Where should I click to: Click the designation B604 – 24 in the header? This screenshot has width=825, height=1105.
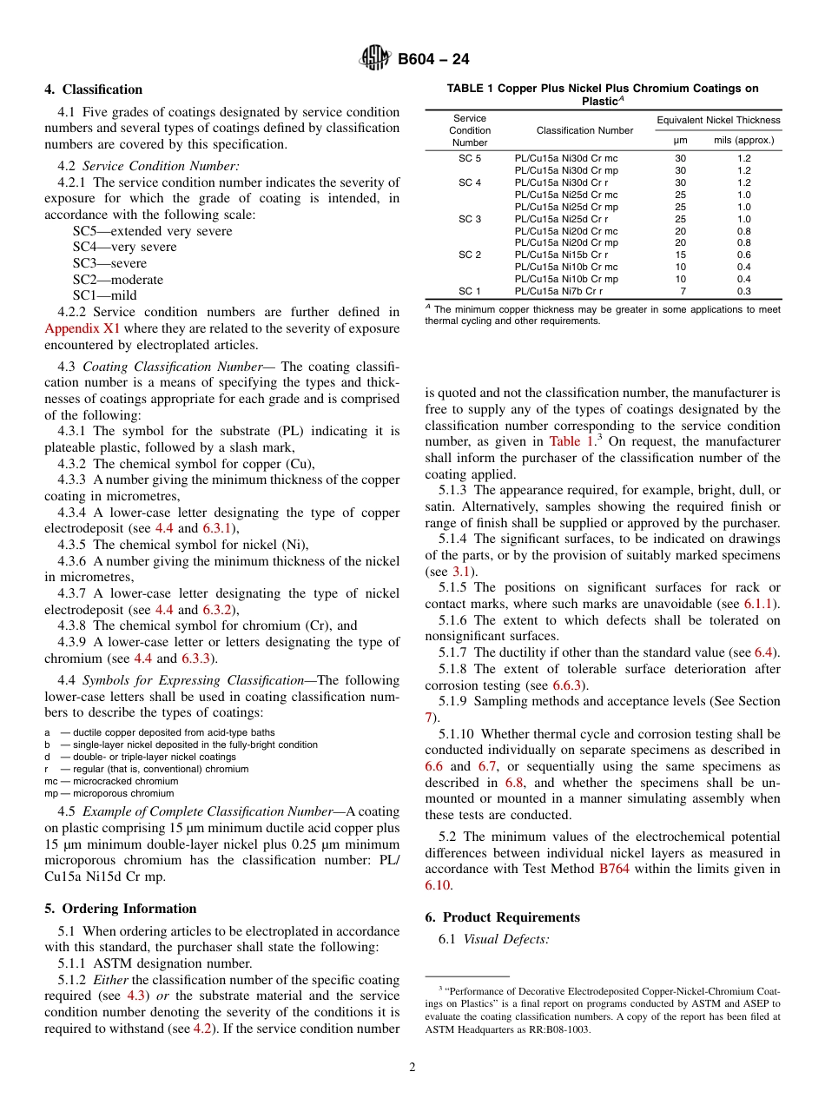(433, 60)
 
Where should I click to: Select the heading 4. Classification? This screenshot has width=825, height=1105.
(94, 89)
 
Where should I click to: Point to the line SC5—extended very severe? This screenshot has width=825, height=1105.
(152, 231)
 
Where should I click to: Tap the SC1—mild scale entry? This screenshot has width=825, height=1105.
(105, 295)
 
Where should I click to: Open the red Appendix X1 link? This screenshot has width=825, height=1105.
(82, 328)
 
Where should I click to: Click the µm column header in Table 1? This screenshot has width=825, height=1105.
(681, 140)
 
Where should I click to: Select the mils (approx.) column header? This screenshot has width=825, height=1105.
(743, 140)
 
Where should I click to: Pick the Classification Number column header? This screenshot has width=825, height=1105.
(584, 130)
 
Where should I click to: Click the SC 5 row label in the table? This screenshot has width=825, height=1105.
(470, 159)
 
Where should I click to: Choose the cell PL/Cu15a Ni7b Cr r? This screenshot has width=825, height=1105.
(558, 292)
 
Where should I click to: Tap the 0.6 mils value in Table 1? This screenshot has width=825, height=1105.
(744, 255)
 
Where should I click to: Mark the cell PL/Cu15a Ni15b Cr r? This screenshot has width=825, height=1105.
(561, 255)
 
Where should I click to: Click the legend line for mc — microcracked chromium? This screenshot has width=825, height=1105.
(110, 781)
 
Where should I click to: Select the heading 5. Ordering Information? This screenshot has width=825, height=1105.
(121, 909)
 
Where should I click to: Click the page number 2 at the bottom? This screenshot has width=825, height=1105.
(412, 1068)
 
